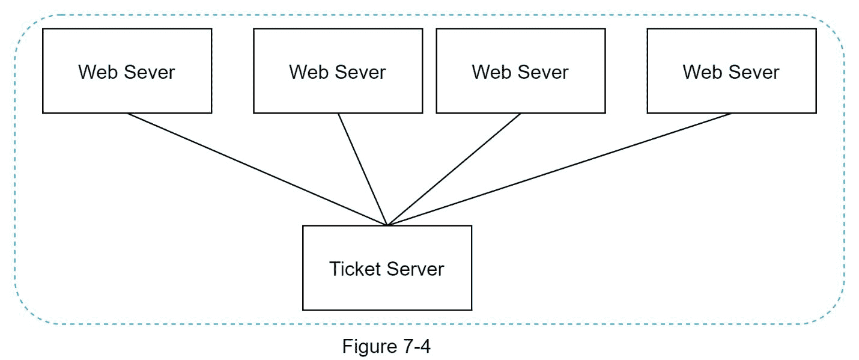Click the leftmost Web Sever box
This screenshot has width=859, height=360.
coord(127,71)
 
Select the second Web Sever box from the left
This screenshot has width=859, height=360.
coord(338,71)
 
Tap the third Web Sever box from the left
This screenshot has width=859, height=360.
coord(521,71)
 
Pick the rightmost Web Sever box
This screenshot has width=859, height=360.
coord(732,71)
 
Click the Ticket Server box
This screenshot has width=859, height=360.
coord(387,268)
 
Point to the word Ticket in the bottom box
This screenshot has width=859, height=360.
coord(355,269)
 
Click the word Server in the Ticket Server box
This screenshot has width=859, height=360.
coord(415,269)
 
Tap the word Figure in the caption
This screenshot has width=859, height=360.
coord(369,347)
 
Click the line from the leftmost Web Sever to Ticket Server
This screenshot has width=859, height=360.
coord(257,169)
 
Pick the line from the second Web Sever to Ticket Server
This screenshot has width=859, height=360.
coord(363,169)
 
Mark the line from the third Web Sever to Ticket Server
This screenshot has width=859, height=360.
coord(454,169)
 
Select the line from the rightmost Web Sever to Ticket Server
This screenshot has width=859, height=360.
coord(559,169)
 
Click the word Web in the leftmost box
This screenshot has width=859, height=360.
coord(98,72)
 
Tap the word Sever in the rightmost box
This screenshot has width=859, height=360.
coord(754,72)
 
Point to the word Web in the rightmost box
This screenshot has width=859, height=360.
coord(703,72)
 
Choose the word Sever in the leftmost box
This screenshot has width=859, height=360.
coord(149,72)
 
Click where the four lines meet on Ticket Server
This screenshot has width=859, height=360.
coord(387,225)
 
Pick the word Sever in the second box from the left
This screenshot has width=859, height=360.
coord(360,72)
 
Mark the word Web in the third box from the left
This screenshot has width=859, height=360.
coord(491,72)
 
